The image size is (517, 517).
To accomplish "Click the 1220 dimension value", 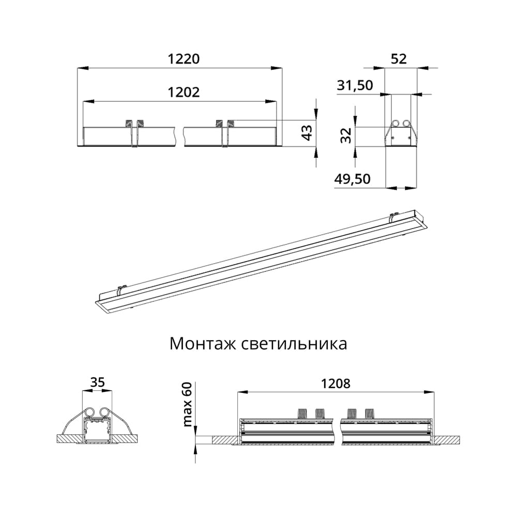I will point(183,59).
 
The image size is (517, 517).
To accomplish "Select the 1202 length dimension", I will point(183,92).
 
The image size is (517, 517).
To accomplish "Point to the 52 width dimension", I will point(399,59).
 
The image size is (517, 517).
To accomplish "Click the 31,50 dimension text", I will point(355,86).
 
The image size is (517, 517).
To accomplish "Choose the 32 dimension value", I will point(346,135).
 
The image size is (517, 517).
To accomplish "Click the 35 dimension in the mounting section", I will point(98,383).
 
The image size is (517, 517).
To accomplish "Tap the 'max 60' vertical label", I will point(187,405).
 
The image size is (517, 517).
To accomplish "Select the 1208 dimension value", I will point(336,384).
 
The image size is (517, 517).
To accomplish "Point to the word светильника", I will point(294,344).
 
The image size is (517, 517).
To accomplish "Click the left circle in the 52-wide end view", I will point(396,123).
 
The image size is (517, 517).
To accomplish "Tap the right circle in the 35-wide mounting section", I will point(105,412).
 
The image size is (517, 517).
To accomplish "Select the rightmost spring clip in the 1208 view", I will point(369,413).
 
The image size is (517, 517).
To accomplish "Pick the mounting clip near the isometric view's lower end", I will point(122,290).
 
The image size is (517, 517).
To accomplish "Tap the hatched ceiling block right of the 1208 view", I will point(447,439).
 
